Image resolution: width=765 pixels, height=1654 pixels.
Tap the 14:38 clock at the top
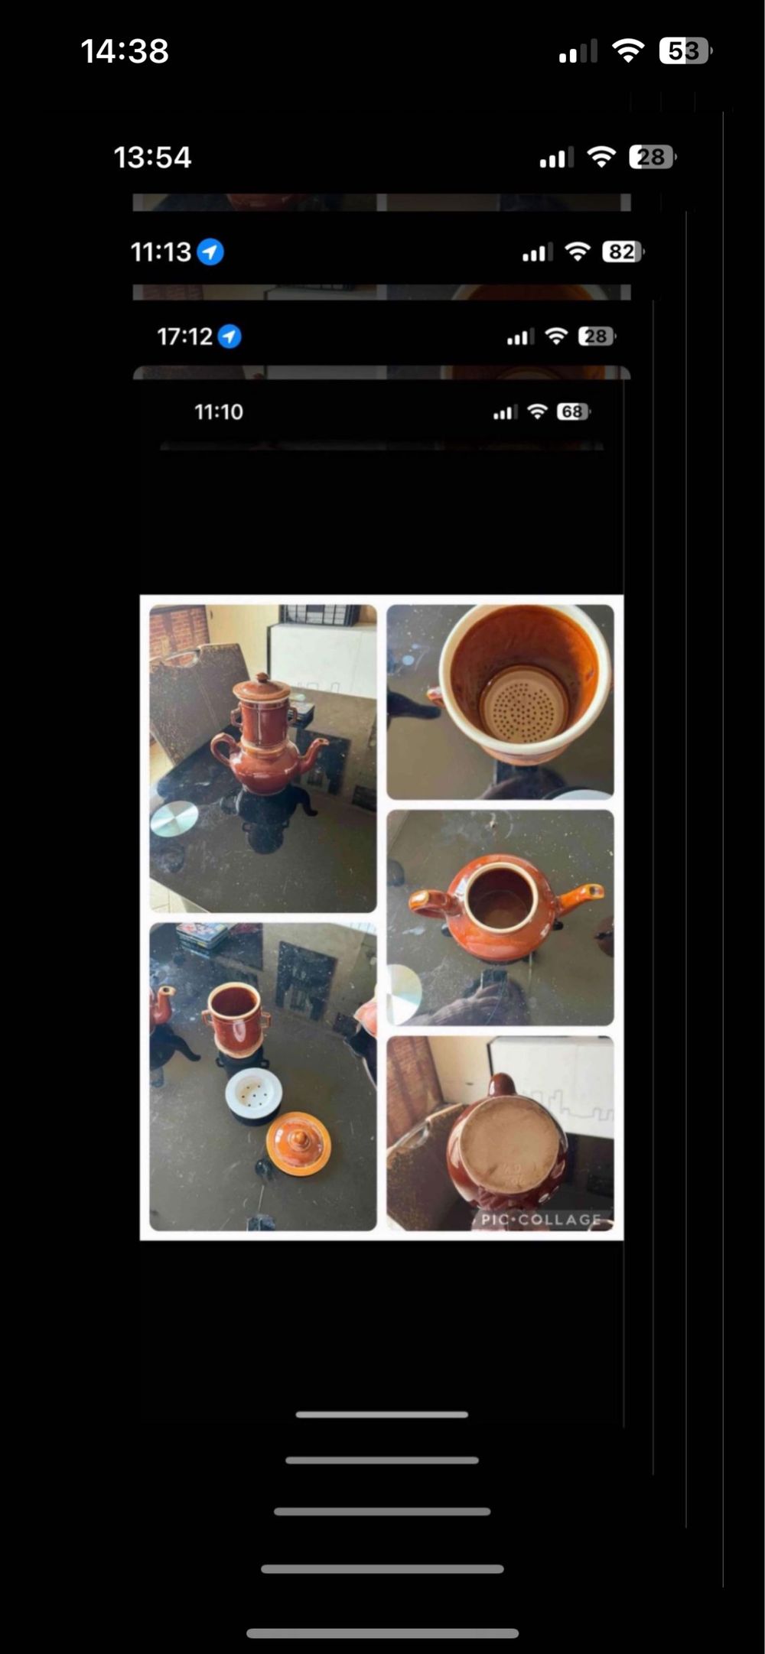[125, 51]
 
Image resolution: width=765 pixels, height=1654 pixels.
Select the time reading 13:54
[152, 158]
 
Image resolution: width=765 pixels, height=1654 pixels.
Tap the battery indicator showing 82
[623, 252]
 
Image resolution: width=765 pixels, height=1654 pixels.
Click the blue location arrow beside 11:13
[210, 252]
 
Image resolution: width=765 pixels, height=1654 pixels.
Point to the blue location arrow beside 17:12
[229, 336]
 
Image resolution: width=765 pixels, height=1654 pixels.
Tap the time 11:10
[219, 412]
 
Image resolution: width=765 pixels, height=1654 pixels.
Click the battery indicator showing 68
[574, 412]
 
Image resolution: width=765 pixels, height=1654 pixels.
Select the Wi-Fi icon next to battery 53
[628, 51]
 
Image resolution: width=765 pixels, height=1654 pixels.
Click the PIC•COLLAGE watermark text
[541, 1220]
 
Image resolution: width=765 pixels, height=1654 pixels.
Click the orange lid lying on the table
[298, 1144]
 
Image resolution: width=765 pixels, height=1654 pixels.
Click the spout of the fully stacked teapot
[312, 745]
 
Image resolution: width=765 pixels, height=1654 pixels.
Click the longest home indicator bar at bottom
[382, 1633]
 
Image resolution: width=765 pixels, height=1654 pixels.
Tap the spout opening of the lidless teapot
[594, 890]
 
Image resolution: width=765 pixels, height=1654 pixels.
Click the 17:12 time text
[184, 336]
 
